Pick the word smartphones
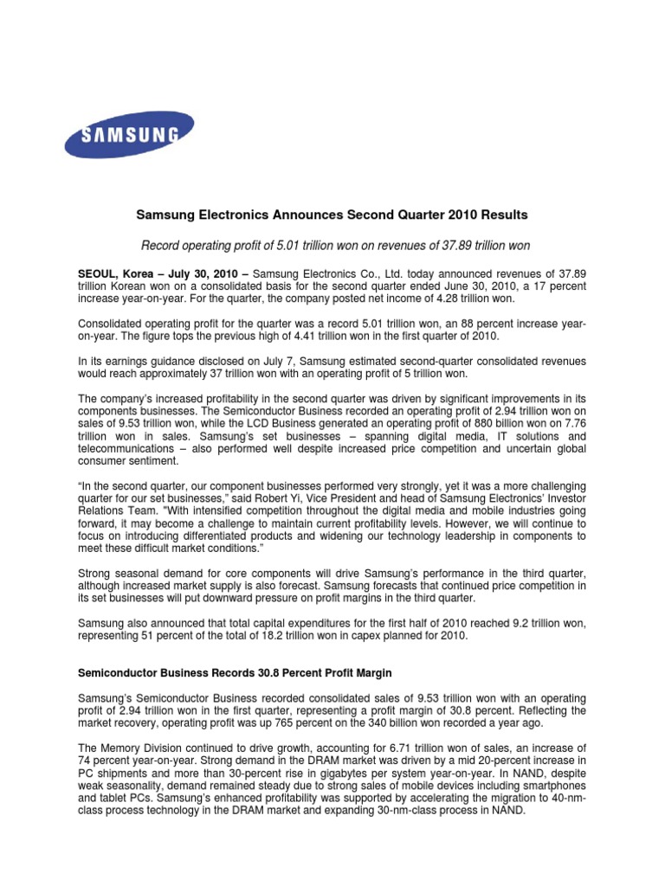click(x=552, y=784)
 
